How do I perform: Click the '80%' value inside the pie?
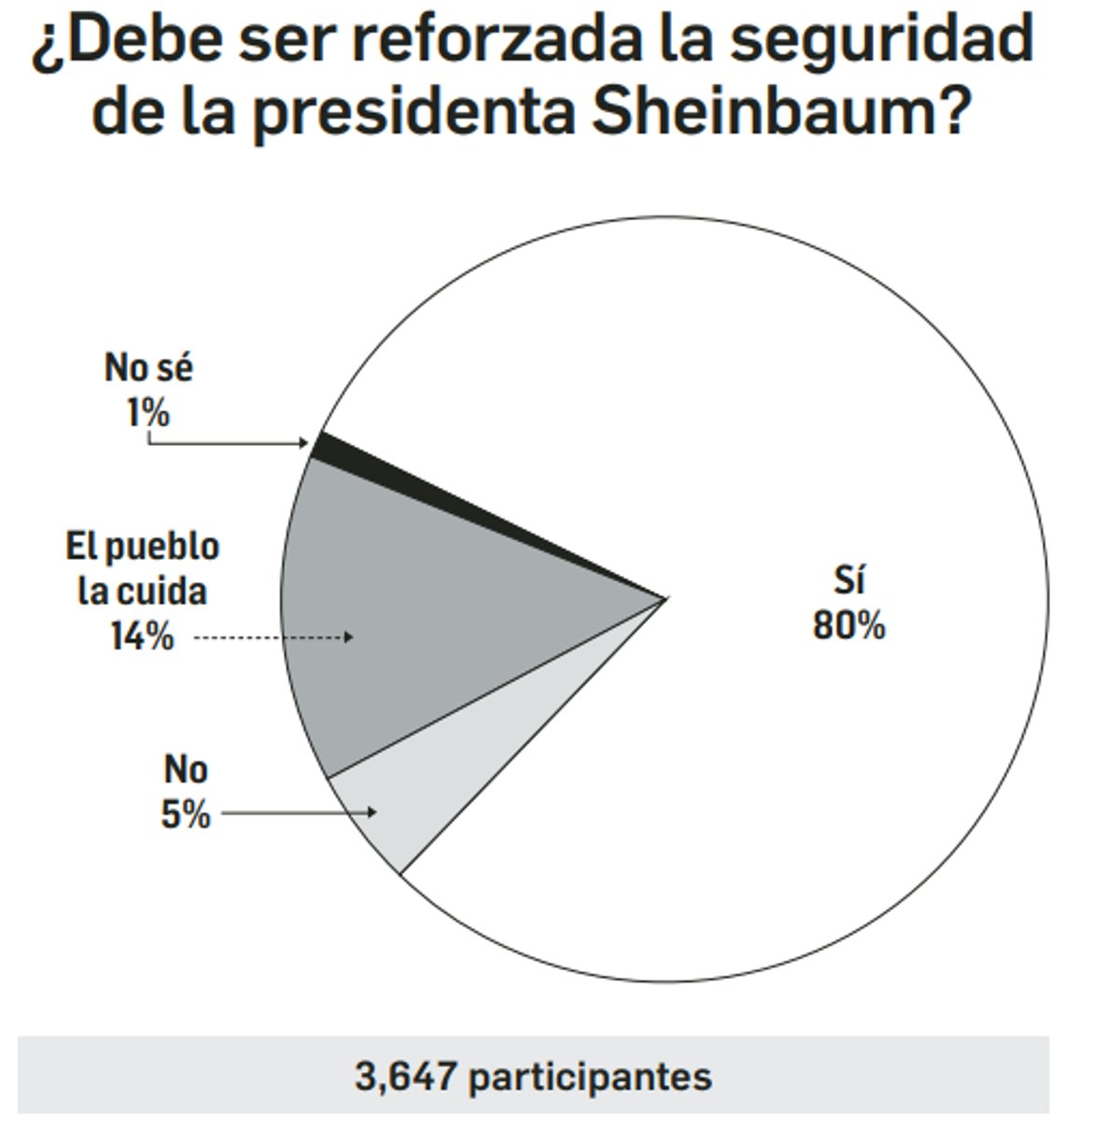[x=848, y=626]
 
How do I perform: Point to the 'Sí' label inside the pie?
[x=849, y=580]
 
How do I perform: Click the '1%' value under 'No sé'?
[x=148, y=411]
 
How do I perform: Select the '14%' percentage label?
[x=142, y=637]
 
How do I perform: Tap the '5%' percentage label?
[x=186, y=815]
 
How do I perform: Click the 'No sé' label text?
[x=148, y=368]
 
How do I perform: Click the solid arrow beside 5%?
[x=299, y=813]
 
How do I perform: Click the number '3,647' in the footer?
[x=405, y=1077]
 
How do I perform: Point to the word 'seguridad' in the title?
[x=882, y=39]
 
